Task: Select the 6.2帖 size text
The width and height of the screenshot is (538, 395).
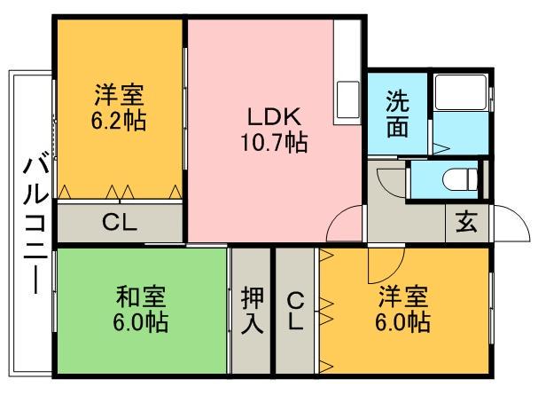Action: point(120,121)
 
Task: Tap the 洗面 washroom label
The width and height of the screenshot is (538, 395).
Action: point(397,114)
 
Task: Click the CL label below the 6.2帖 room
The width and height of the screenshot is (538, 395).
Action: point(119,222)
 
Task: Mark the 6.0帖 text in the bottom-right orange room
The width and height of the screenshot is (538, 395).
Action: point(405,321)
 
